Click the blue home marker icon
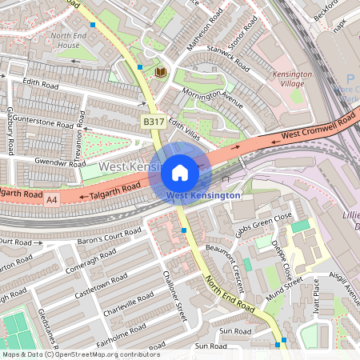click(x=180, y=172)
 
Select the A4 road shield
click(x=52, y=197)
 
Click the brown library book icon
click(x=160, y=72)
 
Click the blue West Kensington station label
click(x=203, y=195)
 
